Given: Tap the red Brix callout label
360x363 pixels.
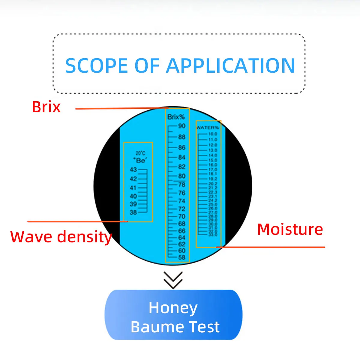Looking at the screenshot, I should [x=46, y=107].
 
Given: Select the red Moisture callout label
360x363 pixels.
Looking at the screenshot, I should [x=290, y=229].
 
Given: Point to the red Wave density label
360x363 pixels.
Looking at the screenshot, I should [x=61, y=237].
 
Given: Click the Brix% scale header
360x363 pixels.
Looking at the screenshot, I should [x=176, y=117].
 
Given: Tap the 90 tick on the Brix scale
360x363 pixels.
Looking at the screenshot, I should [x=182, y=126].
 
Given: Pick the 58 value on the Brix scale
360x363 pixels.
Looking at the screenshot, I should [x=182, y=257].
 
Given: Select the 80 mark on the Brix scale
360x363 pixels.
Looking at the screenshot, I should [x=182, y=176].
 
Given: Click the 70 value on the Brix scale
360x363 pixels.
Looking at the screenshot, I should [x=182, y=216].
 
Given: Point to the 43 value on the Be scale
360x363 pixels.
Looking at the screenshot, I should [x=133, y=170].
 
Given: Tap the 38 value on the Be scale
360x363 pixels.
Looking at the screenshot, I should [x=133, y=212].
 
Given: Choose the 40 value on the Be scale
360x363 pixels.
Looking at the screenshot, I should [x=133, y=196].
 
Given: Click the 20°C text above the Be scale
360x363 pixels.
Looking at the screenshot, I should [x=140, y=153].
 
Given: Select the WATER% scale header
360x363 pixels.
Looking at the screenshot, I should [x=208, y=128].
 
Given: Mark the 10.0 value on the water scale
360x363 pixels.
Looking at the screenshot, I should [x=213, y=134].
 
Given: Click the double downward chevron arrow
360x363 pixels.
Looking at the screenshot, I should [x=173, y=280].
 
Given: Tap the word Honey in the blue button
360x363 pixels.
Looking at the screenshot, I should [x=173, y=308].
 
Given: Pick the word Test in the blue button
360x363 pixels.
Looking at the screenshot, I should [x=204, y=327].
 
